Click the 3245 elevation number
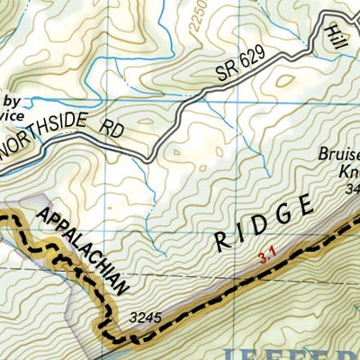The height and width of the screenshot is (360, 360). [145, 317]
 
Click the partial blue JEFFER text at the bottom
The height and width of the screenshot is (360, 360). [306, 351]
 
